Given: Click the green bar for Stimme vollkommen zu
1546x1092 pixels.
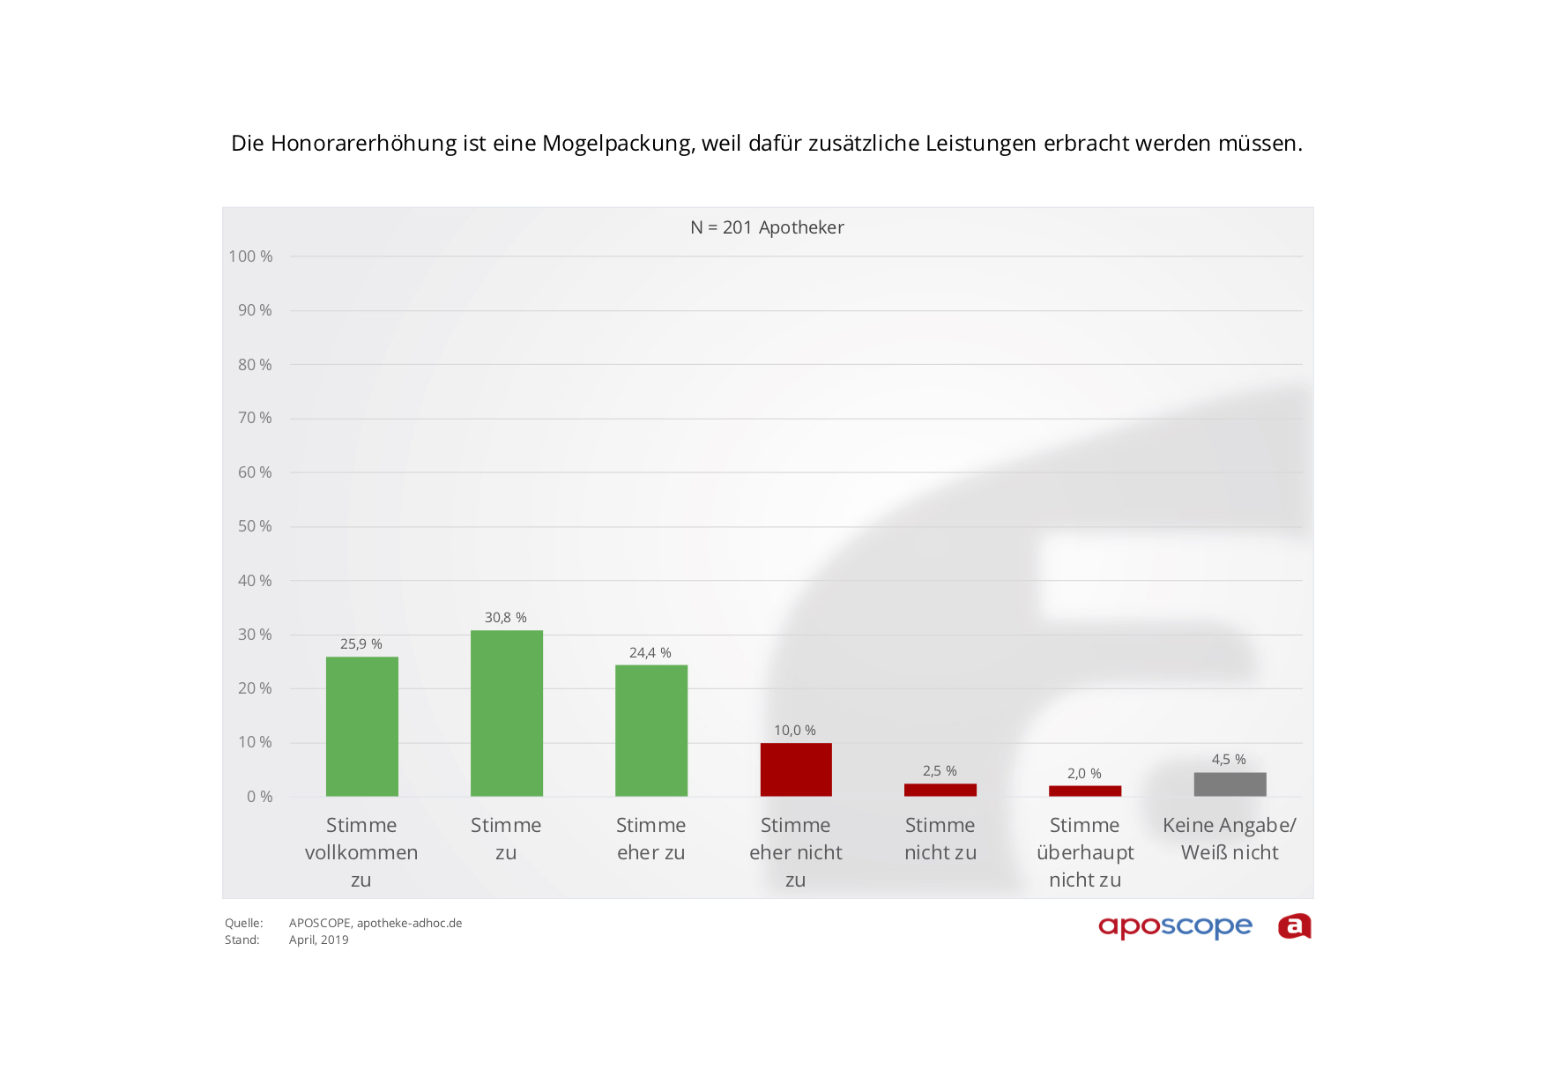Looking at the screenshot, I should click(x=361, y=726).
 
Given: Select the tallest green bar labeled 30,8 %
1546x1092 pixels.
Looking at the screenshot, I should click(x=506, y=713).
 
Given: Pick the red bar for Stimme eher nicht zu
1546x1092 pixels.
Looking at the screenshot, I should click(x=795, y=769).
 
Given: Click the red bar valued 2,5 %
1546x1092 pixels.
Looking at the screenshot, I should click(x=940, y=790).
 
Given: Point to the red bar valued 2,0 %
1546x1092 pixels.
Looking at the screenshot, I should click(x=1084, y=791).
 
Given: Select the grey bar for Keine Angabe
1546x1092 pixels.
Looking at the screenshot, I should click(x=1230, y=784).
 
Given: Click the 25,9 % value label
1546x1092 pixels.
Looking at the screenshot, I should click(x=361, y=644).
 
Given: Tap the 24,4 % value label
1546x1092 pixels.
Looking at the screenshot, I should click(x=650, y=653).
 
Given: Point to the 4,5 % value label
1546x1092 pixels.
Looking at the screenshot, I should click(x=1229, y=760).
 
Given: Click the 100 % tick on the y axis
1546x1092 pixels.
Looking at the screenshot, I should click(x=251, y=256).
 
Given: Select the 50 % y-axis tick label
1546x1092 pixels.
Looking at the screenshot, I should click(x=255, y=526).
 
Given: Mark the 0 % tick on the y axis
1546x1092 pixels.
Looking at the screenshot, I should click(x=260, y=797).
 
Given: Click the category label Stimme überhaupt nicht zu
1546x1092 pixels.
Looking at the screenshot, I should click(x=1085, y=852).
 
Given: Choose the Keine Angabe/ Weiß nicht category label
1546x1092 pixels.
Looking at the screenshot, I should click(x=1230, y=839).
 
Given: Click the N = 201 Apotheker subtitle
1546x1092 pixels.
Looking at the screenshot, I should click(x=767, y=227).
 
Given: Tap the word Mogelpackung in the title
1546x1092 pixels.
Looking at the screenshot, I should click(x=618, y=144).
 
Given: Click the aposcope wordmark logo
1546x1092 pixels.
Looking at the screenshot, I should click(x=1175, y=926).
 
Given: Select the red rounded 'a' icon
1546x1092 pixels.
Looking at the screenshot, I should click(x=1294, y=926).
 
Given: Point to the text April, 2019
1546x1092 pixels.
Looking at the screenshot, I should click(x=319, y=940).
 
